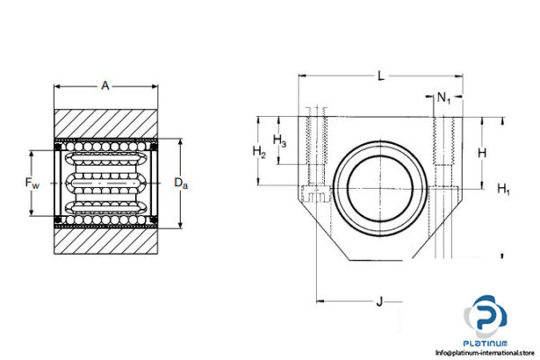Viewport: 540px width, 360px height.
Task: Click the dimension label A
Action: pos(105,85)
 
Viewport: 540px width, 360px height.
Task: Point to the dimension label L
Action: pos(381,77)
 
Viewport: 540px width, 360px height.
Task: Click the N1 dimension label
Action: pos(444,97)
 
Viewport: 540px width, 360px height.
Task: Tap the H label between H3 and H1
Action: pos(482,153)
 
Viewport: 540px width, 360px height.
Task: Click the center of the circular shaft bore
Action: pos(378,184)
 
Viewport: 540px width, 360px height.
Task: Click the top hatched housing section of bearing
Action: pos(106,123)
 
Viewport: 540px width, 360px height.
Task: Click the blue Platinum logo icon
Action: pos(486,319)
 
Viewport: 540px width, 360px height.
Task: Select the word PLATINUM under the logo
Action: pos(486,342)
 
